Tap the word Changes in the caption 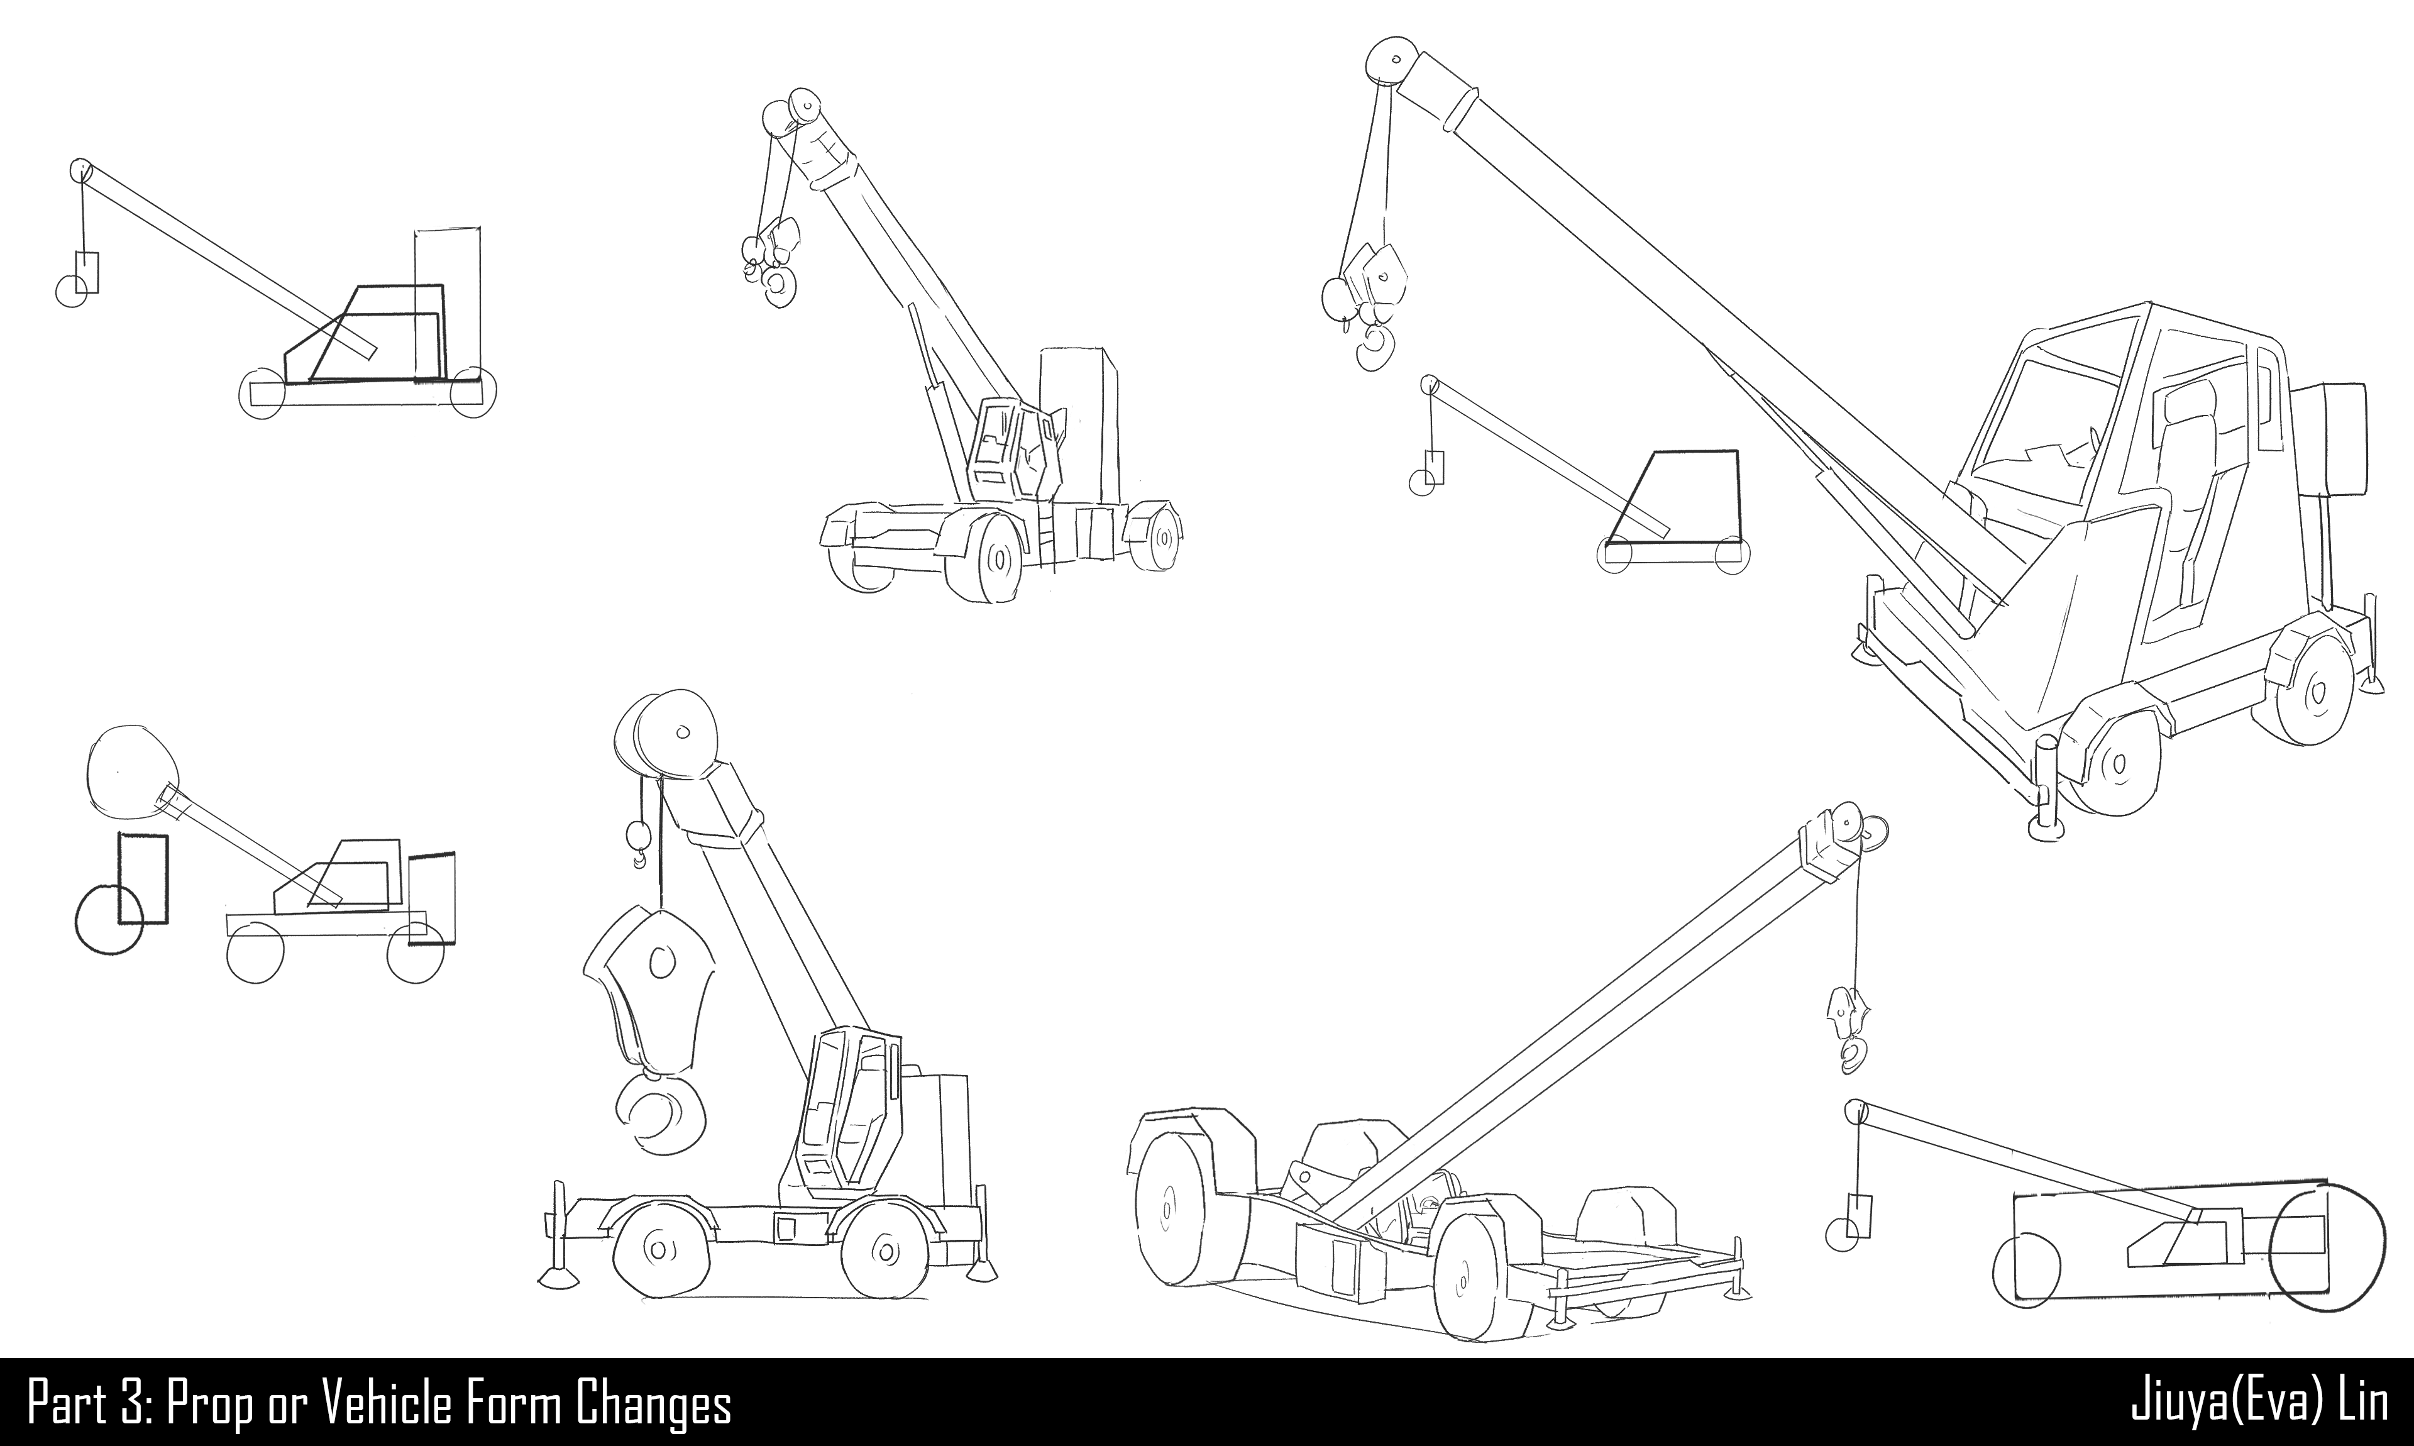(653, 1404)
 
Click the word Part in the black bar (66, 1404)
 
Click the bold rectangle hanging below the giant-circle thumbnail (143, 877)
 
